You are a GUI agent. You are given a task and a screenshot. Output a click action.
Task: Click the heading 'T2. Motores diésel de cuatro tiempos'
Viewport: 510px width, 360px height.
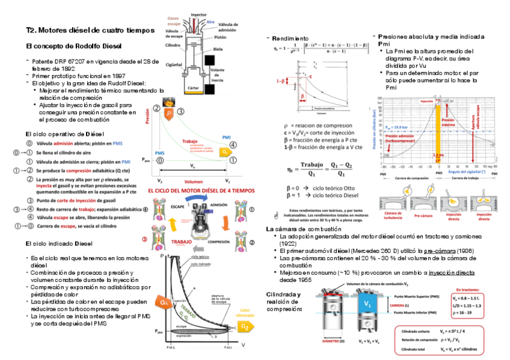(90, 30)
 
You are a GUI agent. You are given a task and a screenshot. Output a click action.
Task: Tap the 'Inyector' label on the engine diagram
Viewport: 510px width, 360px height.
(199, 14)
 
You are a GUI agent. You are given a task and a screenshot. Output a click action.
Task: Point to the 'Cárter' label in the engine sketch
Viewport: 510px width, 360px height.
(194, 88)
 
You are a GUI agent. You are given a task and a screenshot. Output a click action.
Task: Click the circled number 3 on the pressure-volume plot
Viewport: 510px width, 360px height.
(180, 110)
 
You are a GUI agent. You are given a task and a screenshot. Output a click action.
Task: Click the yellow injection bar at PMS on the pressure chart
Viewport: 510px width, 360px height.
(438, 132)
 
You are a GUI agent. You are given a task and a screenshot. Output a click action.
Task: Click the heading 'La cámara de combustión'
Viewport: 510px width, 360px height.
(299, 229)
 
